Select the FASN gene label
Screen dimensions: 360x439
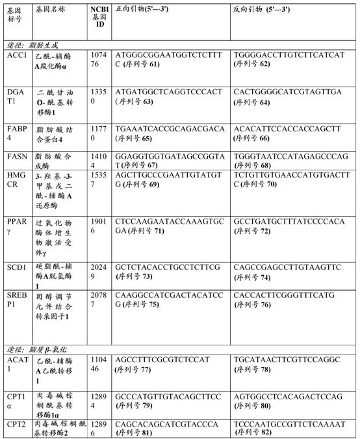point(16,157)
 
